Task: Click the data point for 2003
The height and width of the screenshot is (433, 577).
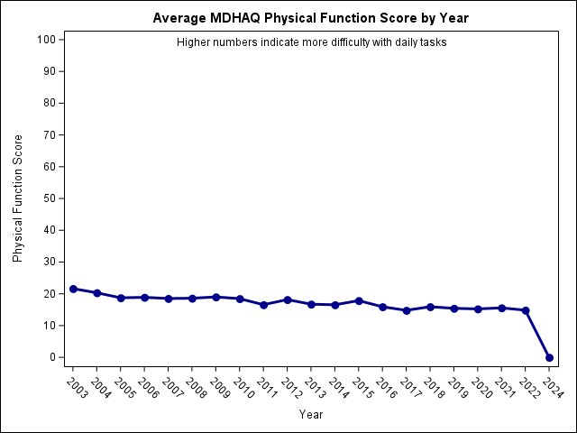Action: tap(73, 289)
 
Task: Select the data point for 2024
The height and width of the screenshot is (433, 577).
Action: tap(549, 357)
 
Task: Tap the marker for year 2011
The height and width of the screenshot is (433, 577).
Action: tap(263, 305)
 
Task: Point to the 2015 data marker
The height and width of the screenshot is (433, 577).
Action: tap(359, 300)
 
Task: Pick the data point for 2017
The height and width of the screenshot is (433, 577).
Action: tap(407, 310)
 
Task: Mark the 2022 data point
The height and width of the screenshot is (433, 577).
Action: tap(526, 310)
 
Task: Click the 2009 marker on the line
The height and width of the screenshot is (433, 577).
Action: tap(215, 297)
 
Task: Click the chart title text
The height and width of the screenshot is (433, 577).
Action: tap(311, 18)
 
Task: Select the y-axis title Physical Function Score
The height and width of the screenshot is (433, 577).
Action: tap(18, 198)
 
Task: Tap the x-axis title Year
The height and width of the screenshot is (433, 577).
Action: tap(311, 415)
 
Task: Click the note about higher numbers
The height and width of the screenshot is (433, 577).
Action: tap(311, 42)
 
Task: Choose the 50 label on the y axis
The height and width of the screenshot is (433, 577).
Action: tap(50, 198)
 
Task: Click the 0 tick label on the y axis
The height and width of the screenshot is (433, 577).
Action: tap(53, 357)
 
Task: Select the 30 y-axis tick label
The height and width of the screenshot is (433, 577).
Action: tap(50, 262)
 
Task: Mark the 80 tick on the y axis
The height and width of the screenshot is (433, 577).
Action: tap(50, 103)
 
